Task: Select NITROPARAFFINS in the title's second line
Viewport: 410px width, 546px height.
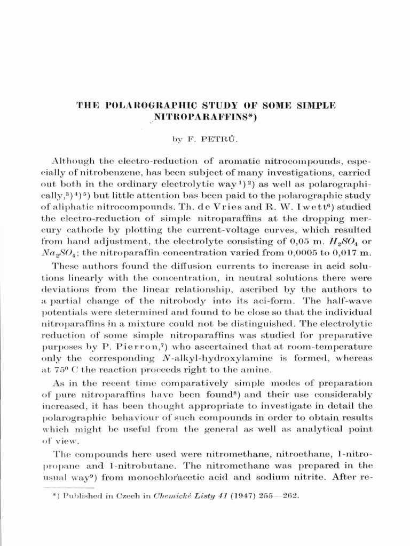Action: (x=206, y=117)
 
